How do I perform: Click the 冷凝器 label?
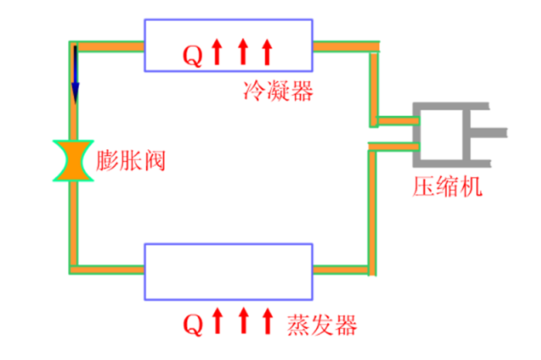277,92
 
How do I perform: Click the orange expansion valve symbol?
74,161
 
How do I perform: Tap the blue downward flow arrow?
75,73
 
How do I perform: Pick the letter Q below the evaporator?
193,323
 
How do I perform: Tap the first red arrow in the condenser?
217,53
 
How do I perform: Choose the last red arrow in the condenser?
268,53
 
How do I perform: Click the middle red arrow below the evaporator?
243,321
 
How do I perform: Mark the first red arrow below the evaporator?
217,321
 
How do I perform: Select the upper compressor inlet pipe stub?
394,121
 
